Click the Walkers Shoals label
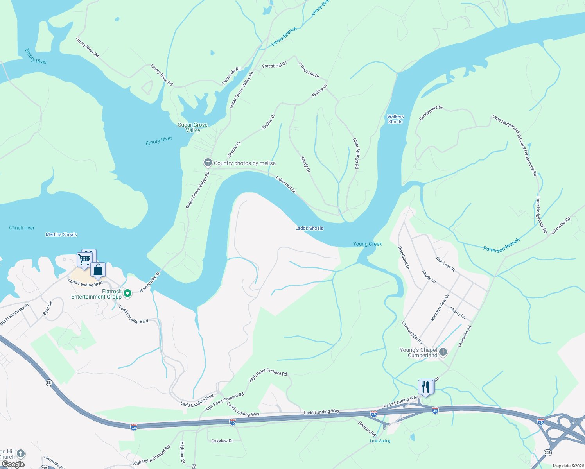point(395,119)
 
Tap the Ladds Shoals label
point(309,228)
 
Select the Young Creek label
point(367,244)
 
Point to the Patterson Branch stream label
point(501,245)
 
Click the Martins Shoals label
point(61,234)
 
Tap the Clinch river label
point(22,228)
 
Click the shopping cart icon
point(84,260)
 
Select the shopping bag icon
point(98,270)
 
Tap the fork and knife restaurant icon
point(425,387)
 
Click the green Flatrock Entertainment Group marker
point(127,293)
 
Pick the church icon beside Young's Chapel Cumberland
point(443,352)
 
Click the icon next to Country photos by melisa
point(208,163)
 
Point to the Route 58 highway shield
point(49,383)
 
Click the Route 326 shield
point(547,452)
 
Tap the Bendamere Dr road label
point(431,113)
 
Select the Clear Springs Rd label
point(356,153)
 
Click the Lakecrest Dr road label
point(286,184)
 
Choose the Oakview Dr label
point(222,441)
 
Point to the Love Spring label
point(380,441)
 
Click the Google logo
point(13,464)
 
